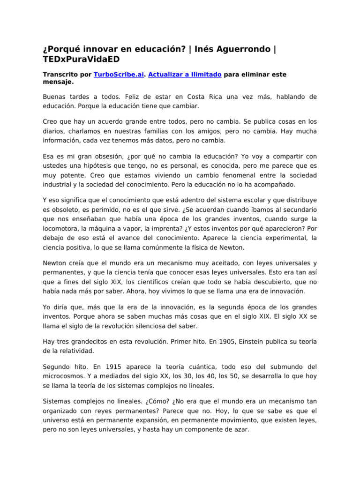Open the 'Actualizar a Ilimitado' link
click(x=185, y=75)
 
